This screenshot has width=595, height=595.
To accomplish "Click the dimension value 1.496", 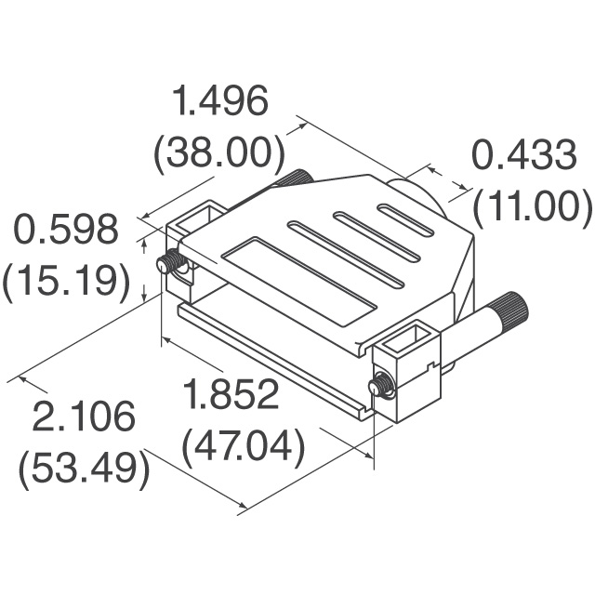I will tap(221, 101).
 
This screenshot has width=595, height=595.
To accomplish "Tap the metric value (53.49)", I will tap(85, 469).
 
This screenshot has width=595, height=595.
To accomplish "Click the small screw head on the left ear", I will tap(169, 264).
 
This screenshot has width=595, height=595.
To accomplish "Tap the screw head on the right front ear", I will tap(381, 384).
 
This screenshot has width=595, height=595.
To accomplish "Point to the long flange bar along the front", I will tap(270, 357).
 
